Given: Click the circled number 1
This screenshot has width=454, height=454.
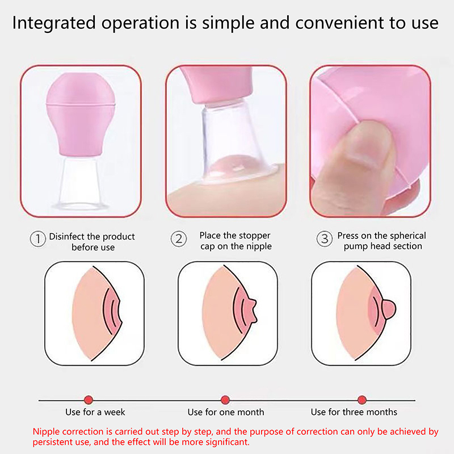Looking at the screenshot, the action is (38, 239).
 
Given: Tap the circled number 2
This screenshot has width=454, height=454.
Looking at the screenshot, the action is (179, 239).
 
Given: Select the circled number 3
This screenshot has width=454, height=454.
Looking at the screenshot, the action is (325, 239).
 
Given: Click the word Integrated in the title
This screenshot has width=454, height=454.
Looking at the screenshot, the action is (54, 23).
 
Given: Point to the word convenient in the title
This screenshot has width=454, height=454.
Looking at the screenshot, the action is (339, 23).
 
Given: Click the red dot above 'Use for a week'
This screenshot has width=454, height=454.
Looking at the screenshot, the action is (89, 400).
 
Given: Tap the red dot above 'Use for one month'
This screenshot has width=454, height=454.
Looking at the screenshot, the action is (225, 400).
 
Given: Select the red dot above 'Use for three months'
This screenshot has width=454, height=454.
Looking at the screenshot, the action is (362, 400).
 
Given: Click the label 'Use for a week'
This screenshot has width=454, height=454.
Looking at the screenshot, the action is (95, 412).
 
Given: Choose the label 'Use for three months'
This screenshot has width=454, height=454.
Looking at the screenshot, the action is (354, 412).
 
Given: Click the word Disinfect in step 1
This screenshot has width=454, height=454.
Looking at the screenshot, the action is (68, 236).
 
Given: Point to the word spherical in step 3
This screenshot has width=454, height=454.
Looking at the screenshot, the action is (407, 236).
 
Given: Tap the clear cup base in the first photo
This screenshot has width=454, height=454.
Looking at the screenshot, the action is (81, 183).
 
